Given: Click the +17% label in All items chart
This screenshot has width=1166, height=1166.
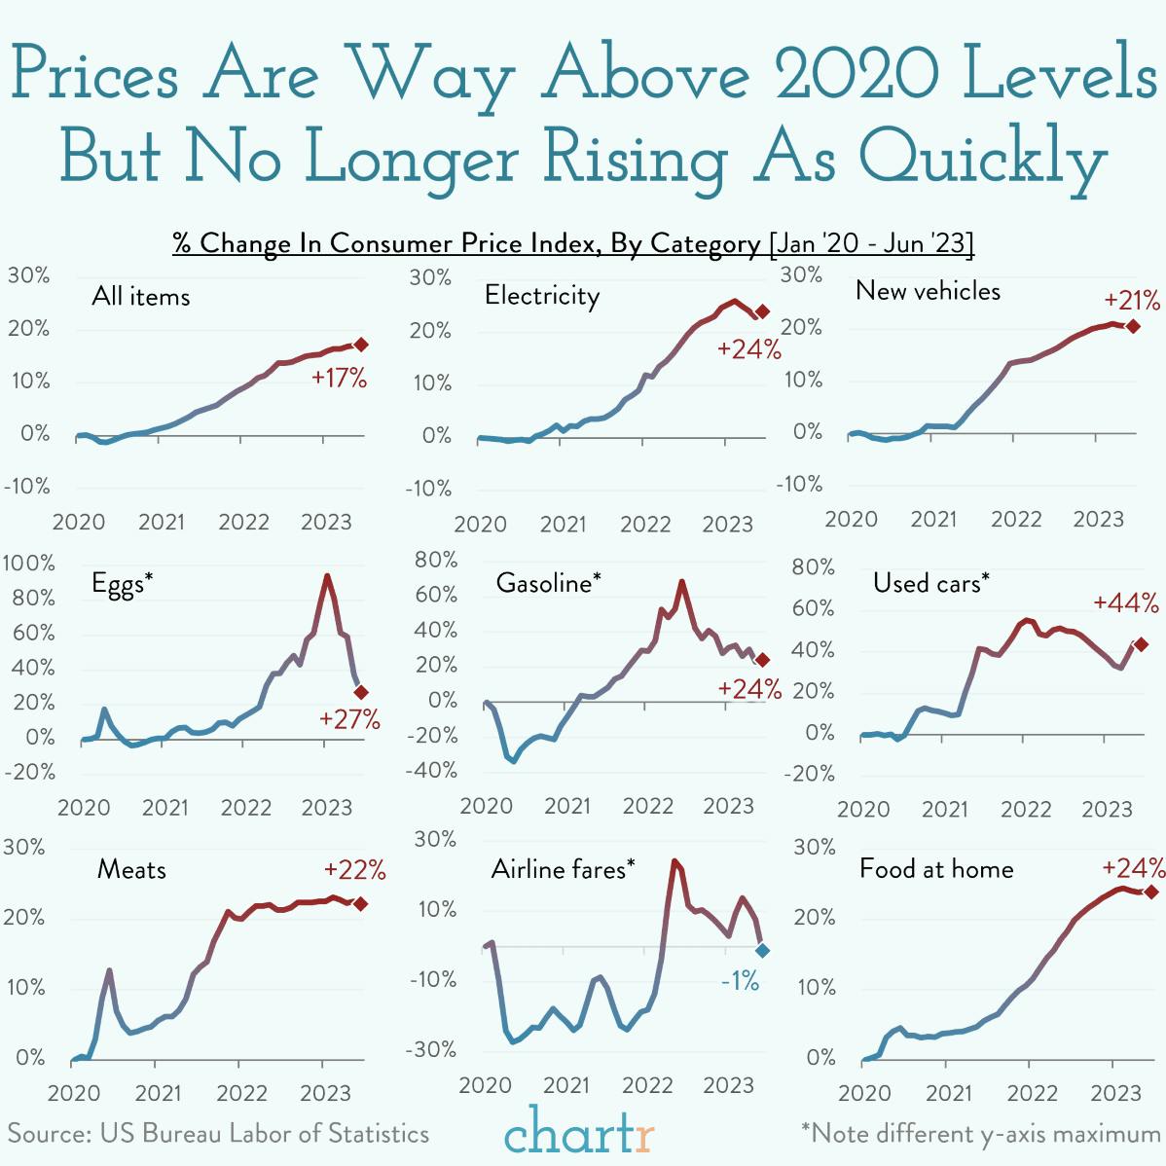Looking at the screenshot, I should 339,379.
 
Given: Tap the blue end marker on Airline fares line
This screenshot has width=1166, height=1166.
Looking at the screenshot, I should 762,950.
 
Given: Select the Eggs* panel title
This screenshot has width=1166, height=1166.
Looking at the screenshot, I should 123,583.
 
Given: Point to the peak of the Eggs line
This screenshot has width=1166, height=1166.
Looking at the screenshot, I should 327,575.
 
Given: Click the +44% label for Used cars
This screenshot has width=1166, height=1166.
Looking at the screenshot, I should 1125,603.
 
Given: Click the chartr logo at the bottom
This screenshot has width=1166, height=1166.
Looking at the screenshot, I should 579,1131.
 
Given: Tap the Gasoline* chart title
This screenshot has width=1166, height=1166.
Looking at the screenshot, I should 548,583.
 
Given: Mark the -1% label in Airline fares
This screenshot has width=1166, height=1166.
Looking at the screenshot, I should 740,981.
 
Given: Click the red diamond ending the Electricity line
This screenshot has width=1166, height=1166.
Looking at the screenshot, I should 762,311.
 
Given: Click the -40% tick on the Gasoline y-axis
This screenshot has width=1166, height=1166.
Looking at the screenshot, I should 435,770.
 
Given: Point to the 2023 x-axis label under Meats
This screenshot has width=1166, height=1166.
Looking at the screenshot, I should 324,1092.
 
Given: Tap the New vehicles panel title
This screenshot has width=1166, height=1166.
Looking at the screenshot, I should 928,291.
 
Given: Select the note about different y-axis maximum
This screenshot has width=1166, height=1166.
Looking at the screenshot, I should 980,1134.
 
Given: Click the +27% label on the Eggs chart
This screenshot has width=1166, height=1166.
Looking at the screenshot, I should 349,719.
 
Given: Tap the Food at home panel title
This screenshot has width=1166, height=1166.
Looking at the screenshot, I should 935,869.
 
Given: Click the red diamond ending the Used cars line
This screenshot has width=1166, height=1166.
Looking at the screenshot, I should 1141,644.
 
